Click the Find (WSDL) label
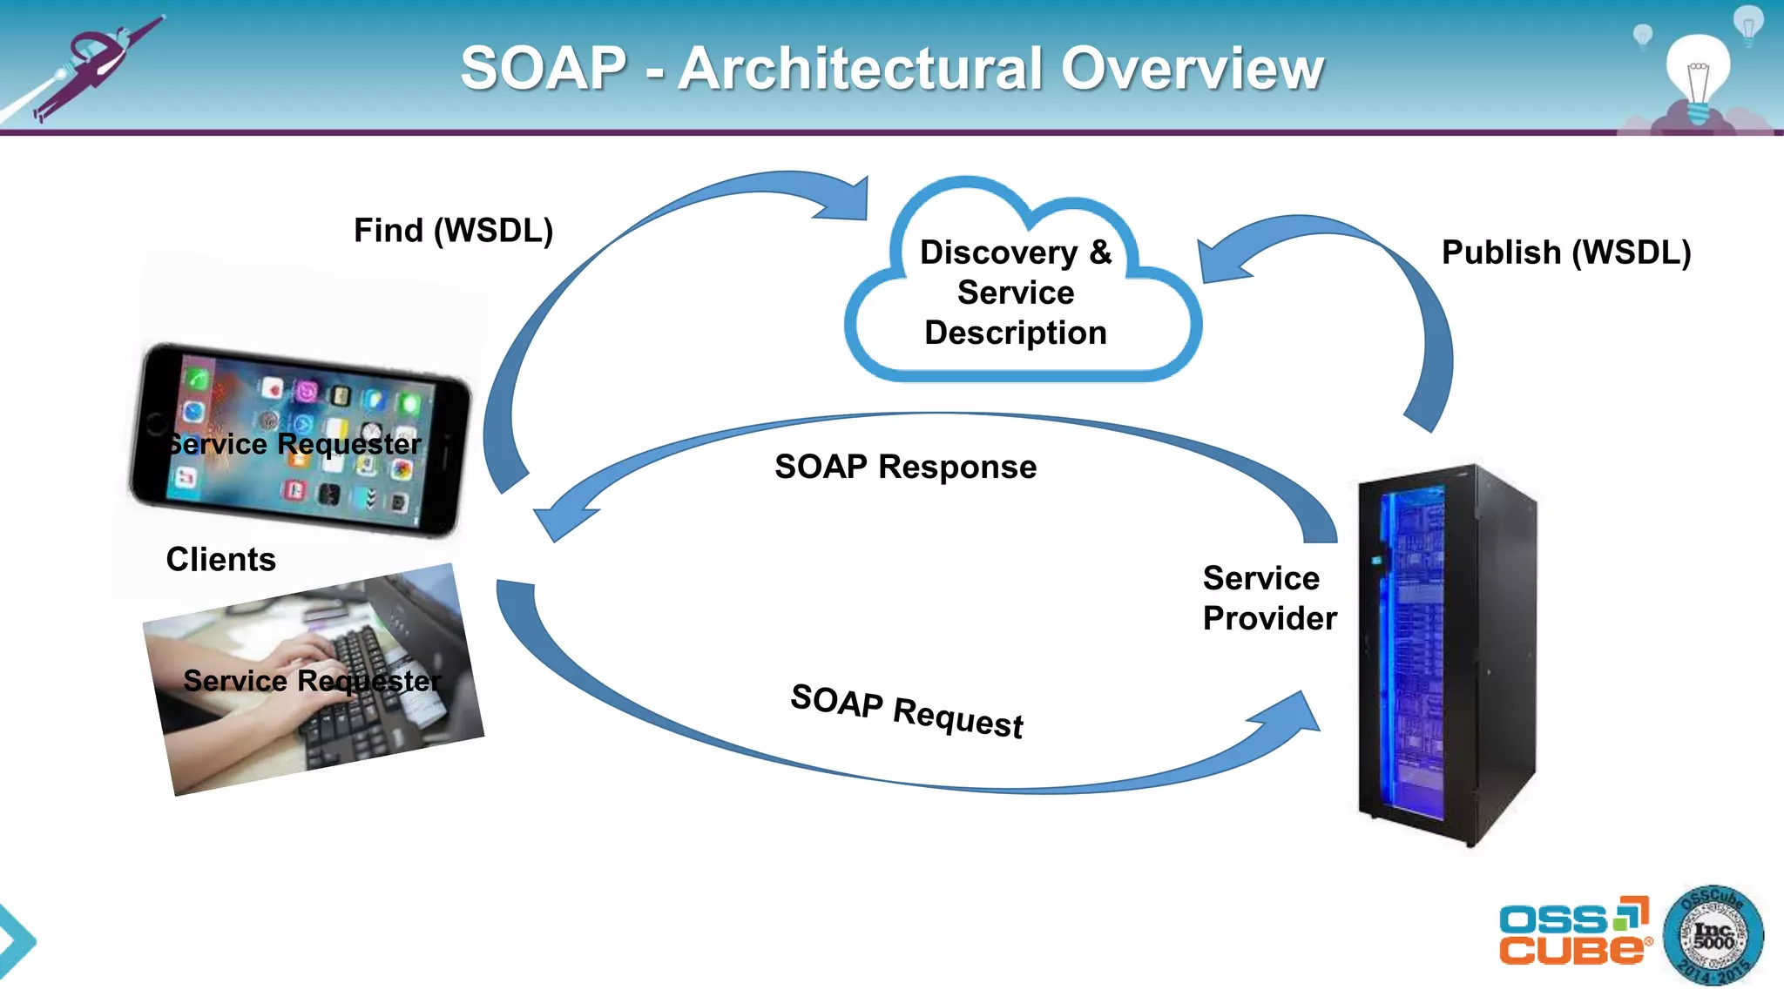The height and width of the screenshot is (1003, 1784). coord(453,231)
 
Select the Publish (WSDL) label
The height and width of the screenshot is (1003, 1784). coord(1565,252)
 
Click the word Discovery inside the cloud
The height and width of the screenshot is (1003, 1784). coord(998,252)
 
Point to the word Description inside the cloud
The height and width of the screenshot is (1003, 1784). coord(1015,333)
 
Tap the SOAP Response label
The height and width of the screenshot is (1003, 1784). coord(905,467)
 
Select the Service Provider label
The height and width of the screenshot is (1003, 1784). coord(1268,598)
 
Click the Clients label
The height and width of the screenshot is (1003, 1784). coord(220,559)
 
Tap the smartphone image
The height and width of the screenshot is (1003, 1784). coord(301,440)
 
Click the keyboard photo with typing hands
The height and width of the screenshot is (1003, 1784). coord(314,679)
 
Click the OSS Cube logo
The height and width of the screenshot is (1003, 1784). coord(1573,932)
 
